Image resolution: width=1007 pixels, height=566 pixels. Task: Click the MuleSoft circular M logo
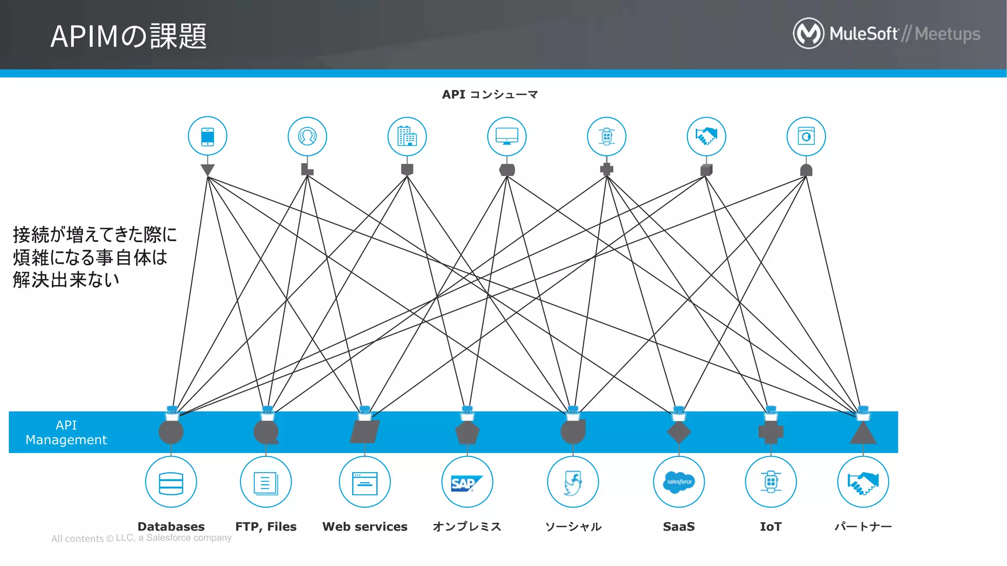(x=808, y=33)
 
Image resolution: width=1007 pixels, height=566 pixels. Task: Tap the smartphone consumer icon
(x=207, y=137)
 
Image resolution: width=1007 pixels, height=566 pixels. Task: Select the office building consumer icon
(x=407, y=137)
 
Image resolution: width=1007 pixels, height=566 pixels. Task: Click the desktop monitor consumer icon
(x=506, y=137)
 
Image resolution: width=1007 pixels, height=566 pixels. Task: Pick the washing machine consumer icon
(x=806, y=137)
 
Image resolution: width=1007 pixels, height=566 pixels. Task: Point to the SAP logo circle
(x=467, y=482)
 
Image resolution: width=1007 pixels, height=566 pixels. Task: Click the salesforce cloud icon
(x=679, y=482)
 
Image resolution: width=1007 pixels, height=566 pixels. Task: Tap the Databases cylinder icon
(x=171, y=482)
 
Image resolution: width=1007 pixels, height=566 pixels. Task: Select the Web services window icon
(x=365, y=482)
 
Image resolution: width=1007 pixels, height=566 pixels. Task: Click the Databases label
(x=171, y=527)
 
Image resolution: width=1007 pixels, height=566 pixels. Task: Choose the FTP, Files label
(x=266, y=527)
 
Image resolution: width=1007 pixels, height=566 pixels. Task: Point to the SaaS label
(x=679, y=527)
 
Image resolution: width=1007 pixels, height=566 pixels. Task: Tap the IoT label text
(x=770, y=527)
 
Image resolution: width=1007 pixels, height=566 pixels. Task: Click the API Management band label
(x=66, y=432)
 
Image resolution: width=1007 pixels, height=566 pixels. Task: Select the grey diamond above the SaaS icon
(x=679, y=432)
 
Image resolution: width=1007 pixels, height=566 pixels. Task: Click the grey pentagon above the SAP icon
(x=467, y=433)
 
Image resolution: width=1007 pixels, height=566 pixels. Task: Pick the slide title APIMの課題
(x=129, y=36)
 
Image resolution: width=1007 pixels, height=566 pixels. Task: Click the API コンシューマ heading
(x=490, y=94)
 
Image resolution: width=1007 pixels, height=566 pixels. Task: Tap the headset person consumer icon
(x=307, y=137)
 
